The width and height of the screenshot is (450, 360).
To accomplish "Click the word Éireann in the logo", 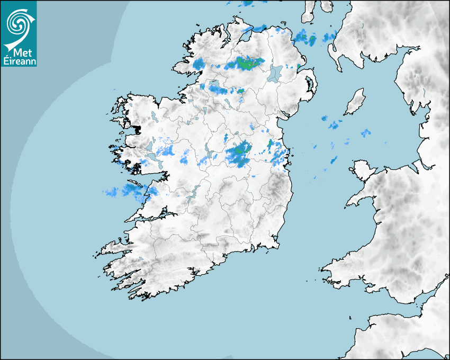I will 19,61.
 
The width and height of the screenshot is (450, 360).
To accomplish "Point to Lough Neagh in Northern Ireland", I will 275,73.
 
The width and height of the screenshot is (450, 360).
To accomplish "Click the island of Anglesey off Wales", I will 363,169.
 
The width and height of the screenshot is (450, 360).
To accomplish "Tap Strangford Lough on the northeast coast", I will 308,84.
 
